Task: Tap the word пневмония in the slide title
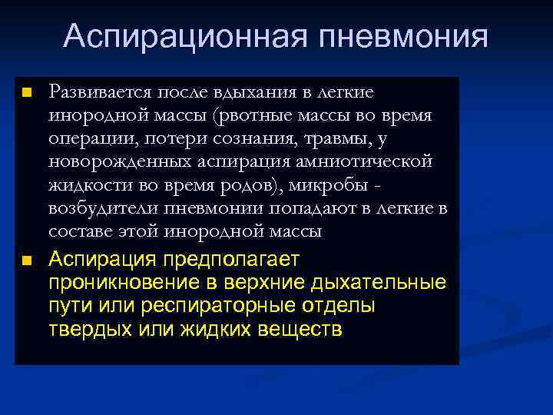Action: pyautogui.click(x=398, y=36)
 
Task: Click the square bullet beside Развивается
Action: pyautogui.click(x=26, y=93)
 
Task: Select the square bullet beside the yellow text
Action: pyautogui.click(x=26, y=261)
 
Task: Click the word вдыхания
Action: pyautogui.click(x=253, y=92)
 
